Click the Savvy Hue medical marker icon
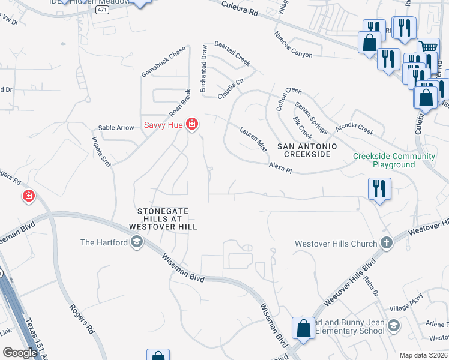192,124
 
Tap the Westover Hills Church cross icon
388,244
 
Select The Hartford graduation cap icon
136,242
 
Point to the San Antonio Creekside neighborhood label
306,150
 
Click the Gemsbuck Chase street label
164,62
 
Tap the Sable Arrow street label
116,128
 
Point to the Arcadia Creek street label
354,127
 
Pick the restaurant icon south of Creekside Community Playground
379,188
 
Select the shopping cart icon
427,47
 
